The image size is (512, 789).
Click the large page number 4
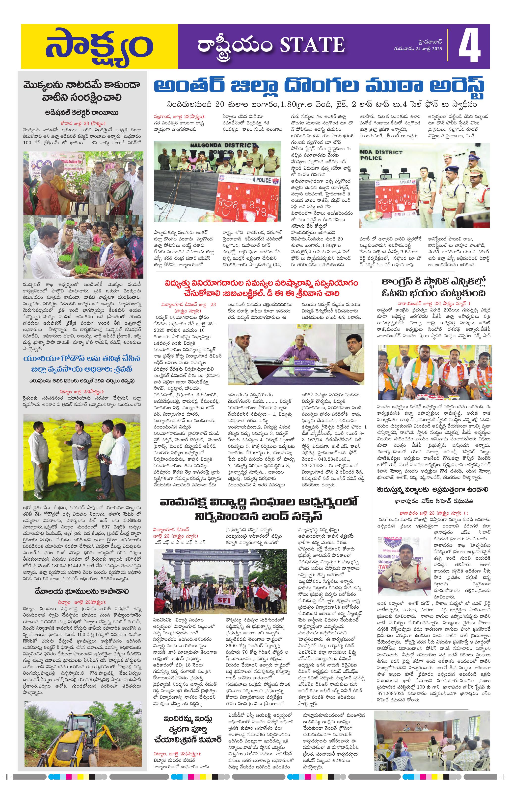pyautogui.click(x=469, y=47)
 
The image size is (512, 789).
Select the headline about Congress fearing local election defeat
pyautogui.click(x=434, y=287)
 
